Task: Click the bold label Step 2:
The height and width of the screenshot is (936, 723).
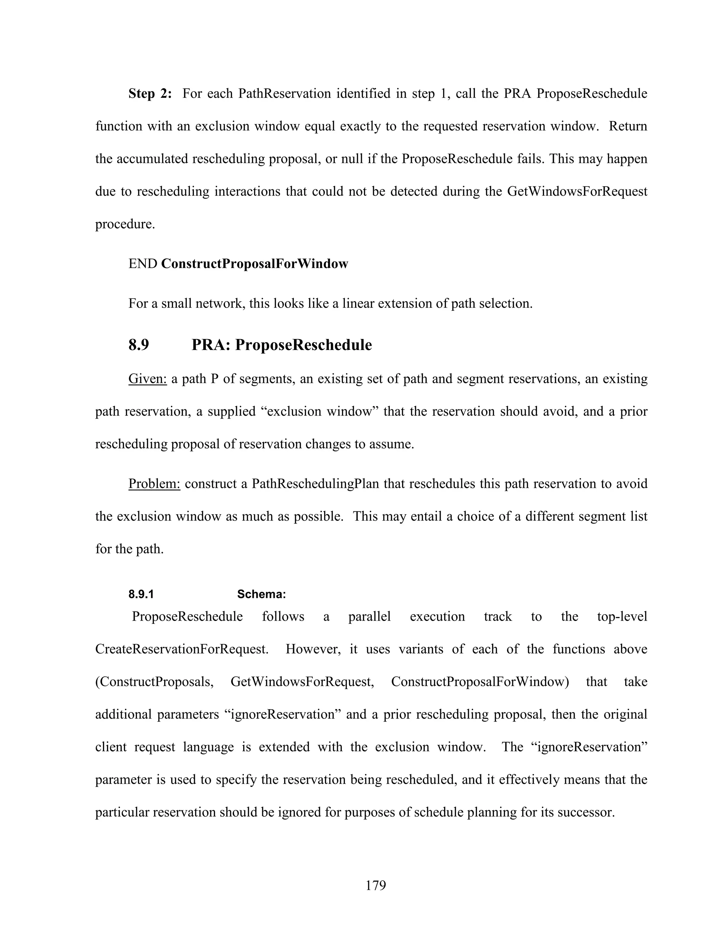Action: click(x=150, y=94)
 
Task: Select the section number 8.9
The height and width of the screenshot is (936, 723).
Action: click(x=138, y=345)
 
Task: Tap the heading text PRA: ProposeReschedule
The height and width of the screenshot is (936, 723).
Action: click(x=281, y=345)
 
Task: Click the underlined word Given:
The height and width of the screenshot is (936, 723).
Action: click(x=147, y=379)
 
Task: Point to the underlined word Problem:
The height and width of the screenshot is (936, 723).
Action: click(x=154, y=484)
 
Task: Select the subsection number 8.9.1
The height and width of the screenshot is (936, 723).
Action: click(x=141, y=594)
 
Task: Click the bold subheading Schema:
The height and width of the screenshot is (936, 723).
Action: click(x=261, y=594)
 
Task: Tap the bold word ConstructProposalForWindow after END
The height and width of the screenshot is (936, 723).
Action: click(x=255, y=263)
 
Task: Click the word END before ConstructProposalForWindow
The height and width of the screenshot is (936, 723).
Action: click(x=143, y=263)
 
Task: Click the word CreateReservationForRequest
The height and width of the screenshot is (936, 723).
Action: click(x=181, y=649)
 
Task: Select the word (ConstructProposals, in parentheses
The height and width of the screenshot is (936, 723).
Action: click(x=154, y=682)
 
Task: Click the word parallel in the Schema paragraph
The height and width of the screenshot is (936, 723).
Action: click(x=369, y=617)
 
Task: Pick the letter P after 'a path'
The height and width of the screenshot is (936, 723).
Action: click(x=215, y=379)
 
